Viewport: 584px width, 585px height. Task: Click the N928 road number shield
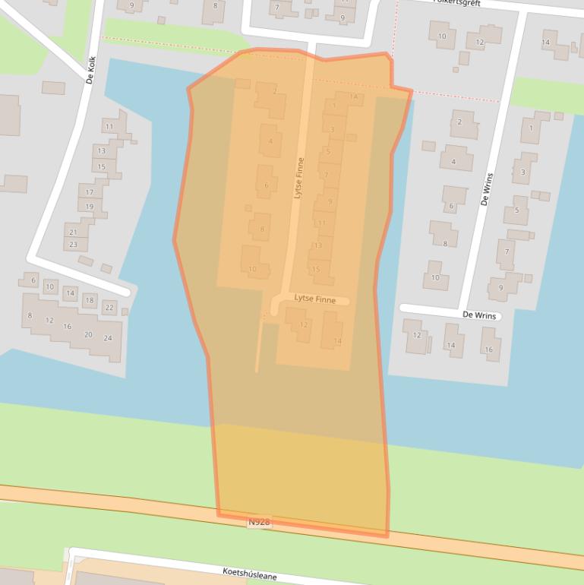pos(259,523)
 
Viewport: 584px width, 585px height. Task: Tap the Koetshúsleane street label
pos(250,574)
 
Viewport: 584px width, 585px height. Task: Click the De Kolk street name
pos(90,69)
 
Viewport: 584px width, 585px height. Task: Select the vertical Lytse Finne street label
pos(298,178)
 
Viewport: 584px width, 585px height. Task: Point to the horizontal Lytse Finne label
pos(314,300)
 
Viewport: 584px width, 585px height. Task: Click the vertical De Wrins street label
pos(486,190)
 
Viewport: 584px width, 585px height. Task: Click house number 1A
pos(353,96)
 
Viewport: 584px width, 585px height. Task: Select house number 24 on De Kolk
pos(107,337)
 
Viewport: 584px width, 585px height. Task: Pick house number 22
pos(109,308)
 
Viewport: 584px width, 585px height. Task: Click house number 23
pos(73,245)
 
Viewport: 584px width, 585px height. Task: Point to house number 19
pos(90,207)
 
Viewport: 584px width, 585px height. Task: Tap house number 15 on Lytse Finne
pos(316,269)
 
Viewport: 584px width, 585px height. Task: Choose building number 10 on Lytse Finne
pos(252,269)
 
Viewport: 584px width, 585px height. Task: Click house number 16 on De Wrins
pos(488,349)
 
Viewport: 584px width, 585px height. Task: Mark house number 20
pos(88,335)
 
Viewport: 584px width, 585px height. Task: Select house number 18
pos(89,301)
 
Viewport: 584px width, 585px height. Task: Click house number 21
pos(73,232)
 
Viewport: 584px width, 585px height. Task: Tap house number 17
pos(90,192)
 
